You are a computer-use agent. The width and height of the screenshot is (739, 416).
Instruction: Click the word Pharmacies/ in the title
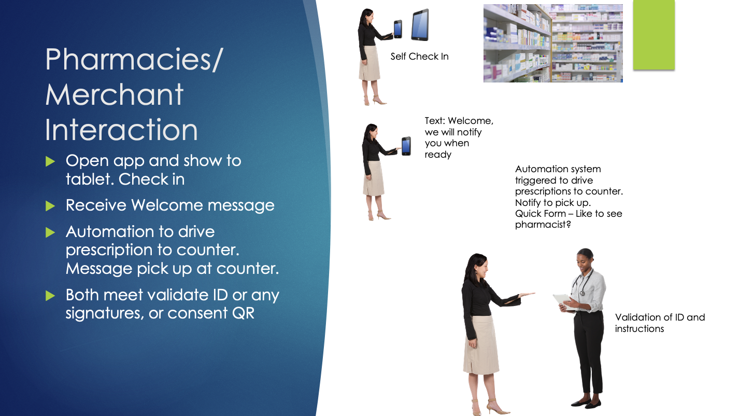coord(134,60)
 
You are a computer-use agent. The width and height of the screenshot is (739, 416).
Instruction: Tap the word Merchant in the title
coord(114,95)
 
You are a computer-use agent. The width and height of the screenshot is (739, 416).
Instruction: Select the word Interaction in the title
coord(121,130)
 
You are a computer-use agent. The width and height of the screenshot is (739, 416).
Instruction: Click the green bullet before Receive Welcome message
coord(50,206)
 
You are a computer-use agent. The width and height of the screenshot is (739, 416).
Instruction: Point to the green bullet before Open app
coord(50,161)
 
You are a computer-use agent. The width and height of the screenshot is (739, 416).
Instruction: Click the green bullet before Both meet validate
coord(50,296)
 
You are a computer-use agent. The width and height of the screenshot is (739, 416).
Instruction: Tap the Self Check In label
coord(419,57)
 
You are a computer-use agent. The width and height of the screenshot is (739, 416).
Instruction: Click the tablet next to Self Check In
coord(420,25)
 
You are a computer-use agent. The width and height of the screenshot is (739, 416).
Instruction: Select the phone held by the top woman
coord(398,29)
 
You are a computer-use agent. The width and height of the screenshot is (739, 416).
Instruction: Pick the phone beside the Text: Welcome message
coord(406,146)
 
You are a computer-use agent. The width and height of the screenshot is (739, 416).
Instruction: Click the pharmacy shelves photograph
coord(553,43)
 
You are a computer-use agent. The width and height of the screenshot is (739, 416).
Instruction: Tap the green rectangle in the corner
coord(653,35)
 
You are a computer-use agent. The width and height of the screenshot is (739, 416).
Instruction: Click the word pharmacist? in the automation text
coord(543,225)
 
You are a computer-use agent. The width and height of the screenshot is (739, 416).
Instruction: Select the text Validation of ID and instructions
coord(660,323)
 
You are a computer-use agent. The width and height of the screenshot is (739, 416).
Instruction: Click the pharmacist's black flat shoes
coord(587,403)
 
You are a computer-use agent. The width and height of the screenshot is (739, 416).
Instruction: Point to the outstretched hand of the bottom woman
coord(527,294)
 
